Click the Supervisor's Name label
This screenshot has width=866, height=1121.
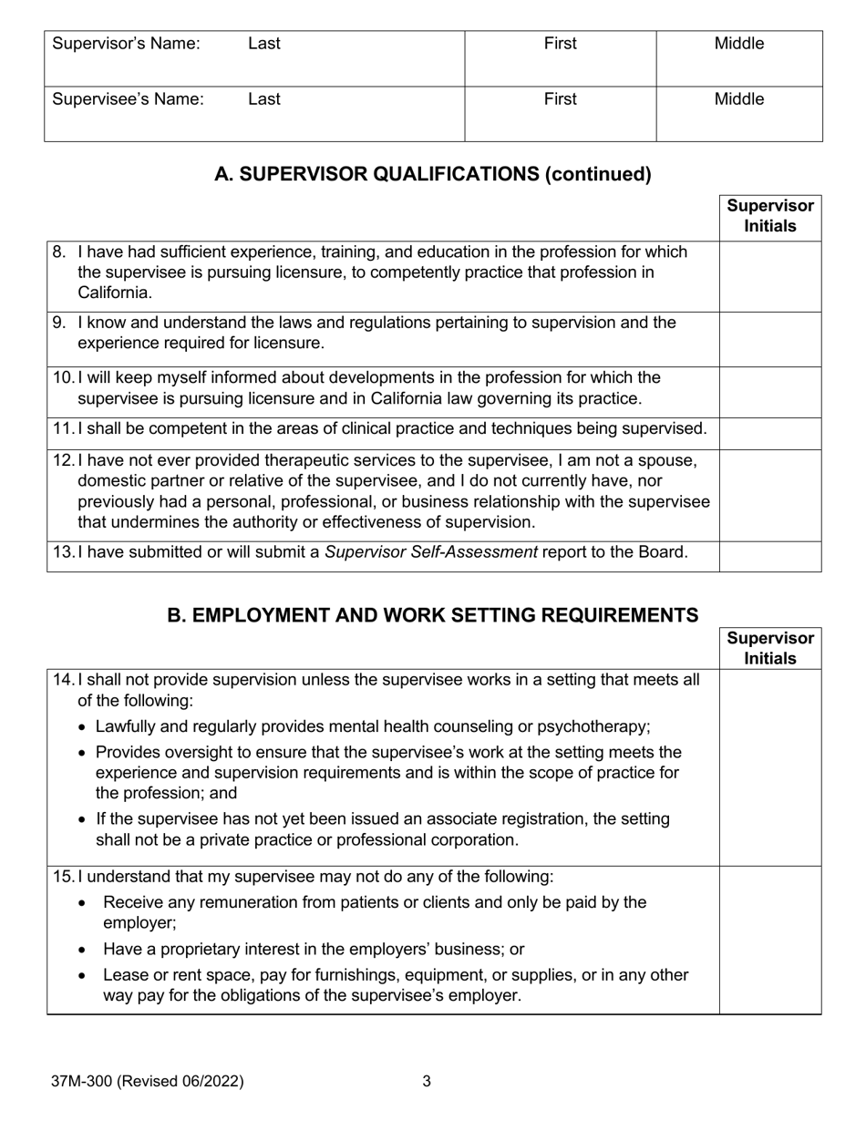pyautogui.click(x=127, y=44)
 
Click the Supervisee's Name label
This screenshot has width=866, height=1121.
pyautogui.click(x=129, y=99)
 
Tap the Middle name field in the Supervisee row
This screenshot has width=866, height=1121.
pyautogui.click(x=738, y=114)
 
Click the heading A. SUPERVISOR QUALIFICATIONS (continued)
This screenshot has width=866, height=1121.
pyautogui.click(x=433, y=174)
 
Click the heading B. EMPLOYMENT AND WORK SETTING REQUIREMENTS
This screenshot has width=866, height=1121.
pyautogui.click(x=433, y=615)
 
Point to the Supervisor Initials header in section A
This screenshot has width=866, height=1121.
pyautogui.click(x=770, y=217)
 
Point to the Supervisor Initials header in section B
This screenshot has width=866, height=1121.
pyautogui.click(x=770, y=648)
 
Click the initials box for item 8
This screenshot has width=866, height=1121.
pyautogui.click(x=770, y=276)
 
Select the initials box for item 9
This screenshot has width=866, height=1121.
pyautogui.click(x=770, y=339)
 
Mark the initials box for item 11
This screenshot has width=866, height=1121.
pyautogui.click(x=770, y=433)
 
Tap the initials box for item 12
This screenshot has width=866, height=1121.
pyautogui.click(x=770, y=495)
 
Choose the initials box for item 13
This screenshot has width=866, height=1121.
pyautogui.click(x=770, y=556)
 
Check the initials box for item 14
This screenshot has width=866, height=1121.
pyautogui.click(x=770, y=767)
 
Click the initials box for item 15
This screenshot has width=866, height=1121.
pyautogui.click(x=770, y=940)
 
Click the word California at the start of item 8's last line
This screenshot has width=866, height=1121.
pyautogui.click(x=115, y=293)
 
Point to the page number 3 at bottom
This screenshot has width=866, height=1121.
pyautogui.click(x=427, y=1082)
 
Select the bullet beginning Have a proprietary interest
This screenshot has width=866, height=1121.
pyautogui.click(x=314, y=950)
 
